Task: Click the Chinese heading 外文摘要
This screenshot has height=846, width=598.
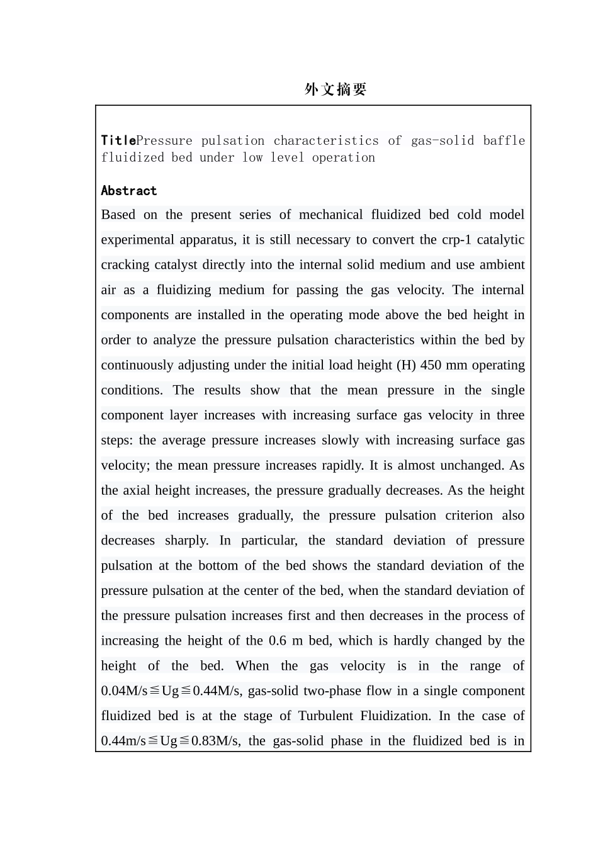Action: pos(335,89)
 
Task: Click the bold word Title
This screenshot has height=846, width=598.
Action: pos(118,140)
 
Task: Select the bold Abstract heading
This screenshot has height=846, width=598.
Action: pos(128,191)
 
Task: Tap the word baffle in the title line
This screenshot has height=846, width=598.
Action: pos(504,140)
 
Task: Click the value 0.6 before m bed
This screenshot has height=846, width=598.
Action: pos(277,641)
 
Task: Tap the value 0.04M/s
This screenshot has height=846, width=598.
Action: pos(124,691)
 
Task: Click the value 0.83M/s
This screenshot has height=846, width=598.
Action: pos(215,741)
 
